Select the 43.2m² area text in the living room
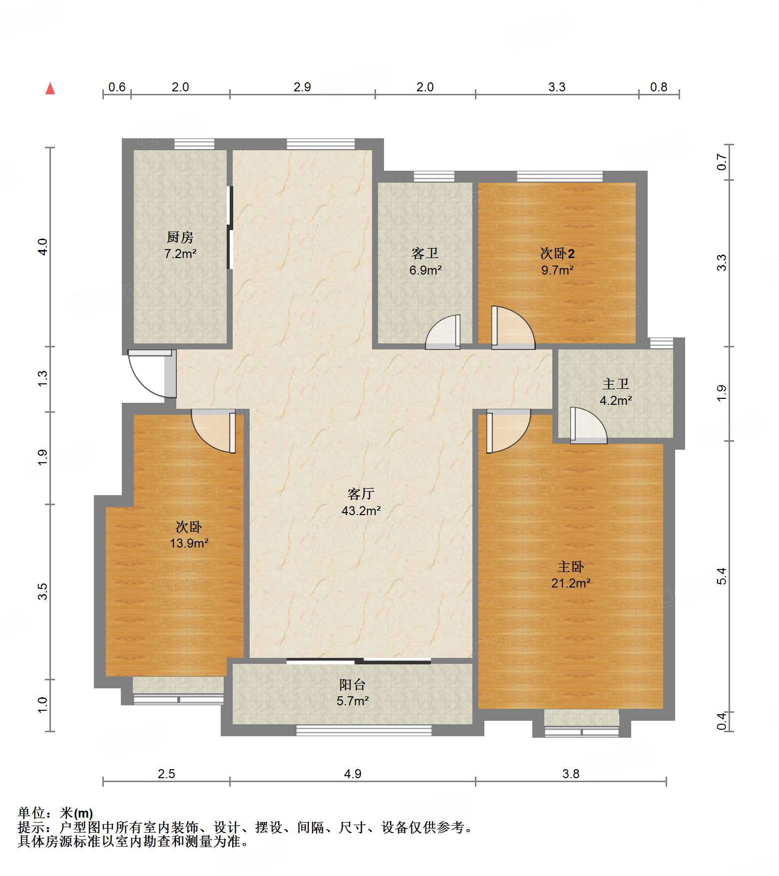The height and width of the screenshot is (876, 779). (x=361, y=511)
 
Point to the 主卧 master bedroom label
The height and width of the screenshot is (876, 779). (x=571, y=567)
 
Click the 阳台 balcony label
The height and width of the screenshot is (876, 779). (x=353, y=684)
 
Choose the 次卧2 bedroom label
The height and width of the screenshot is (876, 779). (x=557, y=253)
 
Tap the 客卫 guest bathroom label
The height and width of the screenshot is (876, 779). (x=425, y=253)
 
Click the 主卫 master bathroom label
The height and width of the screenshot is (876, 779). (x=616, y=383)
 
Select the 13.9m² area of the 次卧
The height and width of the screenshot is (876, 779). (x=189, y=543)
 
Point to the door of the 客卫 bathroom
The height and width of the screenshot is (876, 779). (x=443, y=332)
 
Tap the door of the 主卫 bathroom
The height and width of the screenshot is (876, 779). (x=589, y=425)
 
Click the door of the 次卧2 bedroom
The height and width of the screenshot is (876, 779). (x=513, y=327)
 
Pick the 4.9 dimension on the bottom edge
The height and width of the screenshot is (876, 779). (x=353, y=774)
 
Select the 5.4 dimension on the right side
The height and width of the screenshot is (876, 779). (x=721, y=577)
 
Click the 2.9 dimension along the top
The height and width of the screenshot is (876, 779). (x=302, y=87)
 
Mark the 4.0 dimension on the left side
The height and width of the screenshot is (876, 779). (x=43, y=247)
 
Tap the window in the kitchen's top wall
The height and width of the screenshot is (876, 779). (x=194, y=144)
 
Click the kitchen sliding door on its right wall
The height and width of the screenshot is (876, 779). (x=230, y=228)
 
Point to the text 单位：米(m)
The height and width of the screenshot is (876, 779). (x=55, y=813)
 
